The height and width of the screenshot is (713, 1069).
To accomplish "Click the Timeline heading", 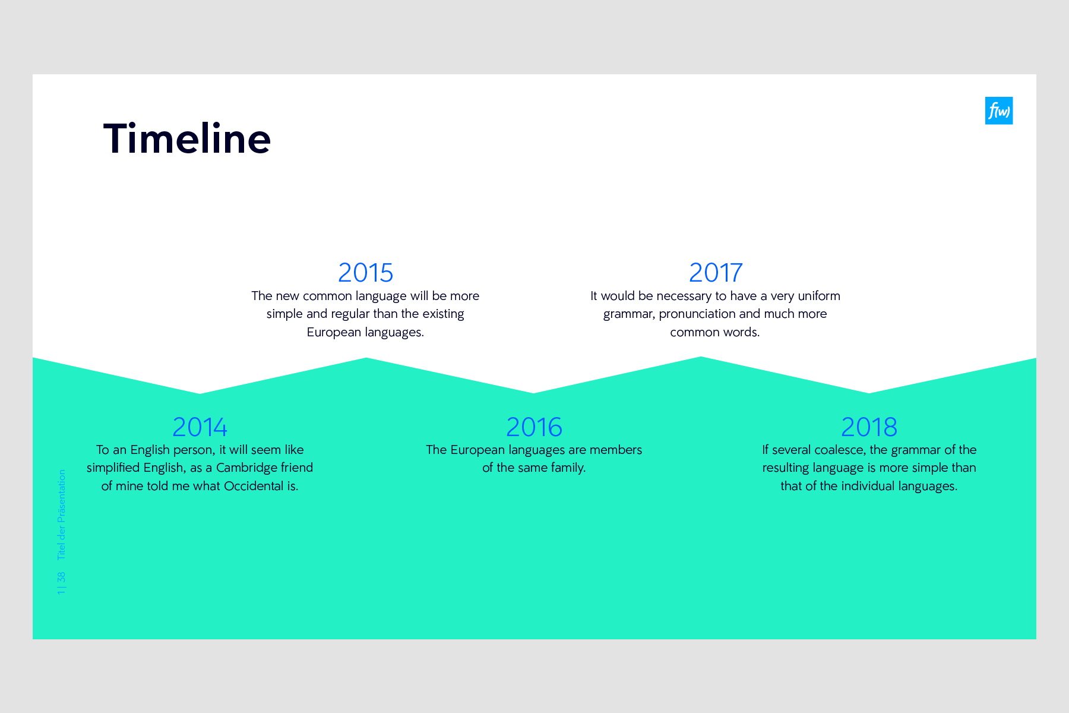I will coord(187,139).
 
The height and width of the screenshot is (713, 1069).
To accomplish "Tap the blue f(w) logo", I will coord(998,111).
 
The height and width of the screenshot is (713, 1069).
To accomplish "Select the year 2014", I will coord(200,427).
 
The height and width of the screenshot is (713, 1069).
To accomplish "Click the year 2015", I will coord(365,273).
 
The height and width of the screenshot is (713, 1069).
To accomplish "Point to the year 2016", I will coord(534,427).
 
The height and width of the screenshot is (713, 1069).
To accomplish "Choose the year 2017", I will coord(716,273).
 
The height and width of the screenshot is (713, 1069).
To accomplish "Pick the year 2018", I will coord(869,427).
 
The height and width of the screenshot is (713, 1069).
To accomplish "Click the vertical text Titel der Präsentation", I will coord(62,515).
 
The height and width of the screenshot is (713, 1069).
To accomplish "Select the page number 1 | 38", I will coord(62,583).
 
